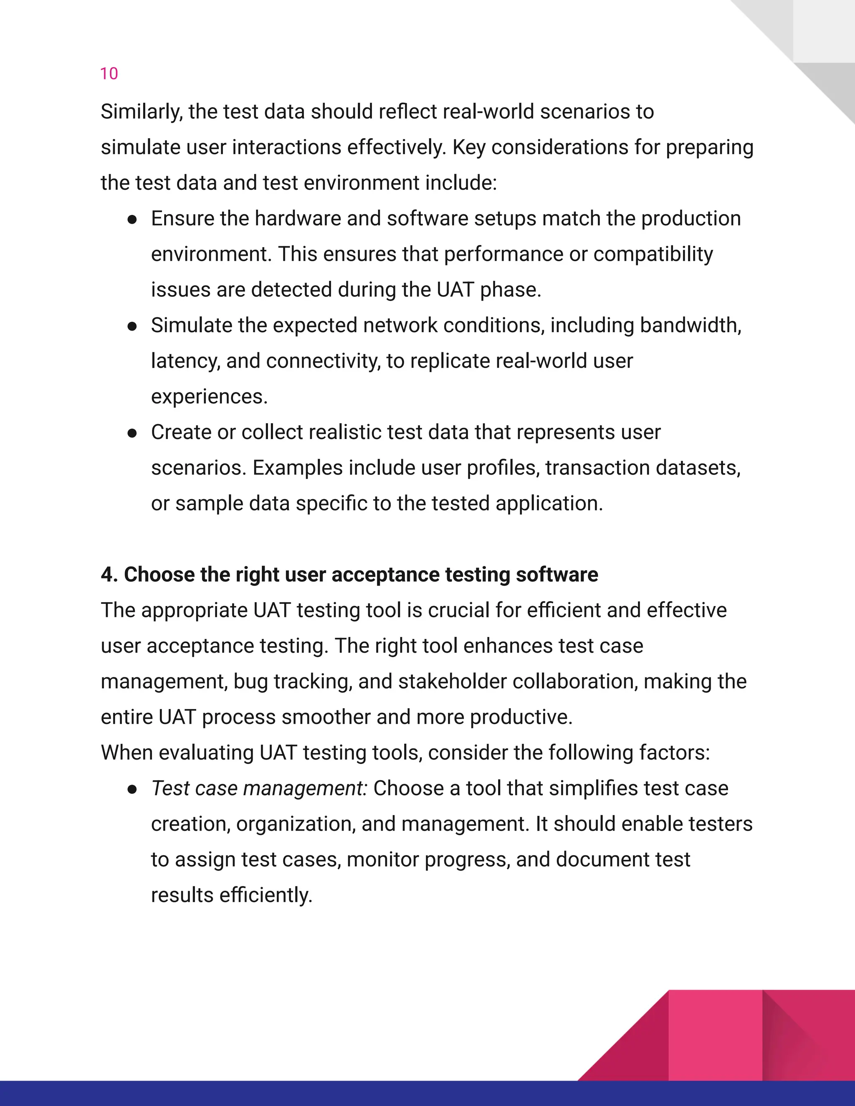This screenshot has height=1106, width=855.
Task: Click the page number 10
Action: click(109, 74)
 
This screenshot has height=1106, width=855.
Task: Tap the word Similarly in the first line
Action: click(142, 112)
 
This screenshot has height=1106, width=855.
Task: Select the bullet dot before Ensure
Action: click(132, 219)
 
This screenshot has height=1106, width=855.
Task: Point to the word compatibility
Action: click(653, 254)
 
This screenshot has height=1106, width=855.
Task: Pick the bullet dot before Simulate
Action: click(132, 326)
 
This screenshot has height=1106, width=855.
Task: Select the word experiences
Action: click(209, 397)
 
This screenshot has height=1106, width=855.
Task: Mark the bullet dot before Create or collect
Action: click(132, 433)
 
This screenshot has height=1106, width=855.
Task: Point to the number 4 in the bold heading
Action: click(106, 575)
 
